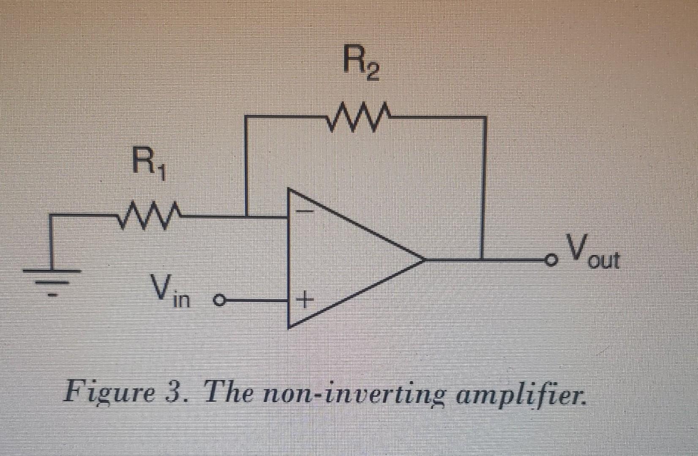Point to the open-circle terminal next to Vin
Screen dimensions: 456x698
click(x=218, y=301)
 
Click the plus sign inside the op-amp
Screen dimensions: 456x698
click(x=304, y=301)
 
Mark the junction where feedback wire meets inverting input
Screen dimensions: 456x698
click(x=247, y=217)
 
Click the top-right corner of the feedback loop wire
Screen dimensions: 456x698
click(x=484, y=117)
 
